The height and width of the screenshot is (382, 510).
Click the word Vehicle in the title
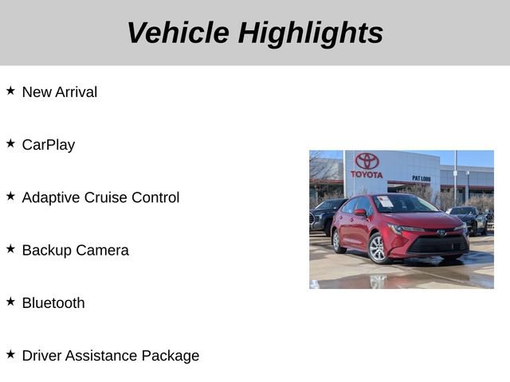[177, 33]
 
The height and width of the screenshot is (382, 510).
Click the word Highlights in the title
[311, 33]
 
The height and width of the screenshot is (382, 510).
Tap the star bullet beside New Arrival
[10, 91]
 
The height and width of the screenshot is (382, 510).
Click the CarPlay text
[49, 145]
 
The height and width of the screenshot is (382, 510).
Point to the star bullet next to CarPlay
[10, 143]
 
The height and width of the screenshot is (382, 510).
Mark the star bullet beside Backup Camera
[10, 248]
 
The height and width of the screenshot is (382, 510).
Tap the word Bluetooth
[53, 302]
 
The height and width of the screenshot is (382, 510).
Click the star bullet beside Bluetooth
[10, 301]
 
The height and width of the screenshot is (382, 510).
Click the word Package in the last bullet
[171, 356]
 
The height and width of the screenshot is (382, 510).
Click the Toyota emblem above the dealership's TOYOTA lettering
[367, 162]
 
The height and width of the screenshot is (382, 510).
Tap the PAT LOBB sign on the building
[422, 178]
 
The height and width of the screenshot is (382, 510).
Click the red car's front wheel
[378, 248]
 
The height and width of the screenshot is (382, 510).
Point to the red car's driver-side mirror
[360, 213]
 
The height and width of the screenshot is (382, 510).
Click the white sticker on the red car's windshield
[386, 201]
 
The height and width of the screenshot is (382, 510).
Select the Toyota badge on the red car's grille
[441, 232]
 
